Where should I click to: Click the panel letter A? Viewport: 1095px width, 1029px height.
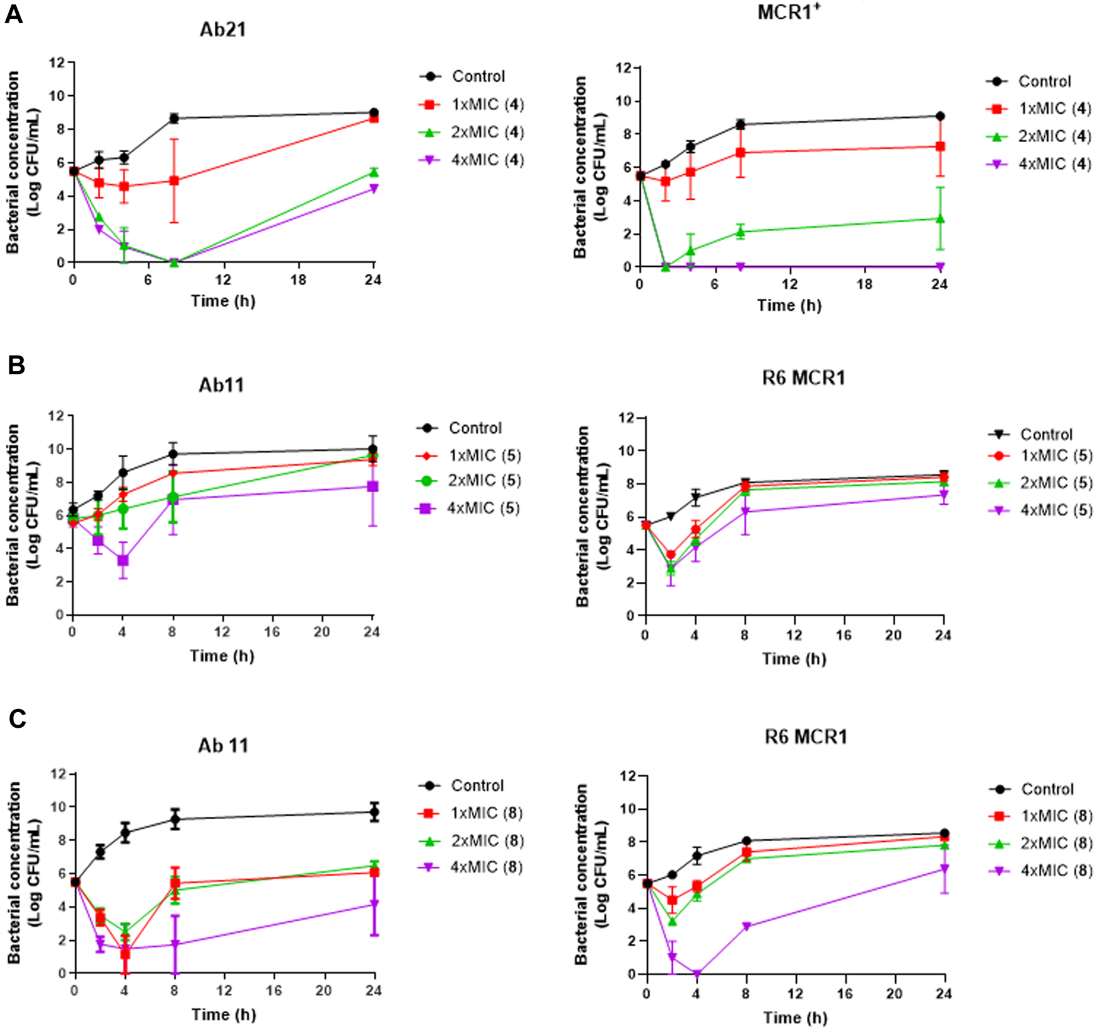click(x=13, y=14)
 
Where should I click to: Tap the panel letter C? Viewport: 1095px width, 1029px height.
click(x=17, y=718)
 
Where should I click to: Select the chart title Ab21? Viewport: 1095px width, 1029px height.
click(x=222, y=29)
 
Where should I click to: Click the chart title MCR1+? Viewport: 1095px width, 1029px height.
click(x=788, y=12)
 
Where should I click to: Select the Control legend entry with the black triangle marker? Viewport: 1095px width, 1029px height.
click(x=1031, y=434)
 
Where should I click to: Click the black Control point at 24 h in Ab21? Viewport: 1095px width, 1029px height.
click(x=374, y=113)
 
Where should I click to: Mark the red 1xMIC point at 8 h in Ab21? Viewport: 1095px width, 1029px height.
click(x=174, y=180)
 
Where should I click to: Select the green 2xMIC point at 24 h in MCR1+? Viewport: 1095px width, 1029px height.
click(x=940, y=219)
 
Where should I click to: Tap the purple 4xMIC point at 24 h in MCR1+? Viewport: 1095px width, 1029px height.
click(x=940, y=267)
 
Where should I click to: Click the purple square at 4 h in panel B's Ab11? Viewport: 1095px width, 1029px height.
click(x=123, y=561)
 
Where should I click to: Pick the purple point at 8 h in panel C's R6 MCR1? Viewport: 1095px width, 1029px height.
click(x=746, y=926)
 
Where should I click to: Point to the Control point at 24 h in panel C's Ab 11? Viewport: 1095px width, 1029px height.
click(x=375, y=812)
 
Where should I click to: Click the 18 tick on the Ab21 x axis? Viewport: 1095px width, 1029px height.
click(x=298, y=280)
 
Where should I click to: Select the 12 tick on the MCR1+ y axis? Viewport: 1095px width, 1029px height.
click(x=625, y=68)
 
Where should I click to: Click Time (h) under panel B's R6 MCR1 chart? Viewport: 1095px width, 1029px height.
click(x=794, y=659)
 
